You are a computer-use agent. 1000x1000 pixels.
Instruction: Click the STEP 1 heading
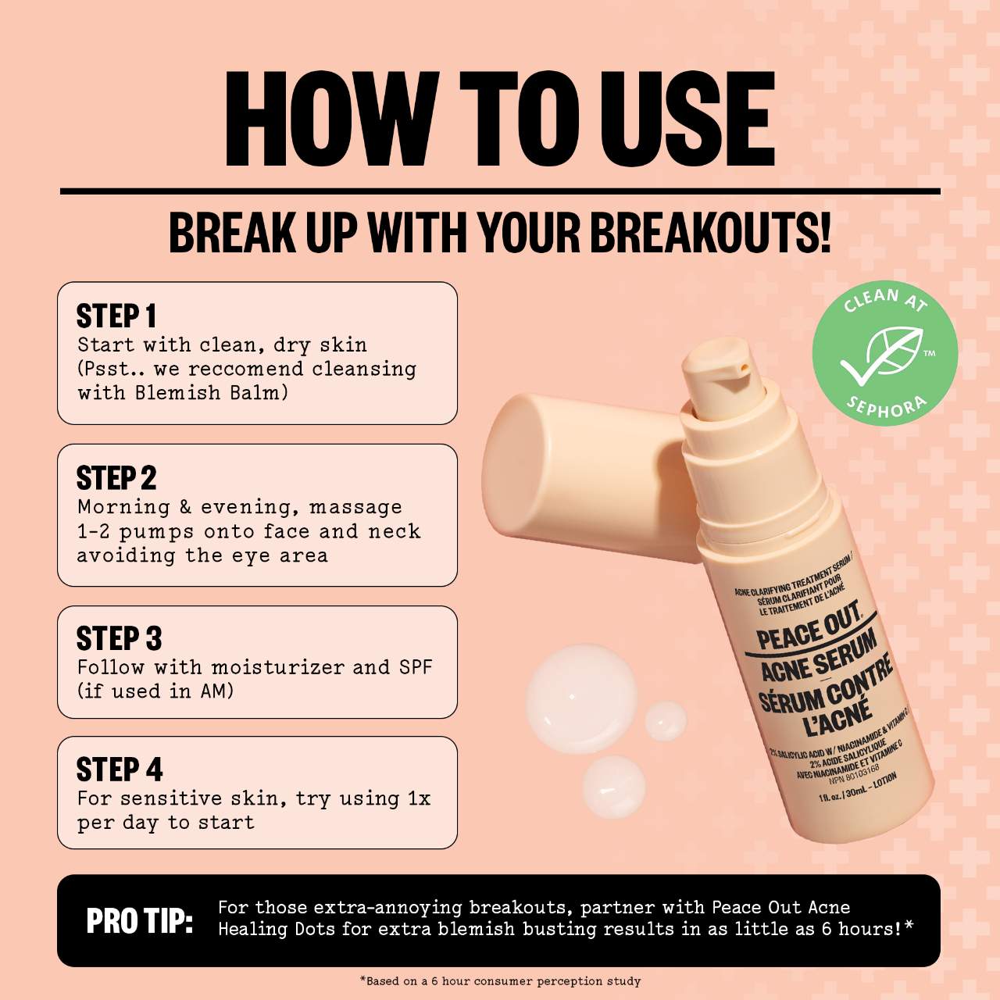tap(116, 316)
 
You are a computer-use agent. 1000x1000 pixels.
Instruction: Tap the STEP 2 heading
tap(116, 478)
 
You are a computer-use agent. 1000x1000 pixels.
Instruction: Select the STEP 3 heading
tap(119, 638)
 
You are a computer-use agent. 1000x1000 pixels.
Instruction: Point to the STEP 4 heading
tap(120, 769)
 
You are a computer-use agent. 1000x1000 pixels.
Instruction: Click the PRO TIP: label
tap(140, 921)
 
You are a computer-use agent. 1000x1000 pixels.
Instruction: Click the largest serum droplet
tap(581, 698)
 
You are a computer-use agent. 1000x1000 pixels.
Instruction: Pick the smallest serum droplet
tap(666, 721)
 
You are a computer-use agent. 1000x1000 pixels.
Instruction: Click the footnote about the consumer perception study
tap(500, 980)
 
